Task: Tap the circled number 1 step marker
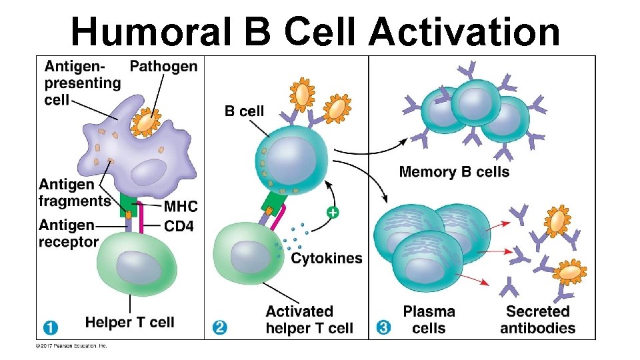50,327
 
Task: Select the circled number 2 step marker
219,327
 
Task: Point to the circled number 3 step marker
383,327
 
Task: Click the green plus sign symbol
331,213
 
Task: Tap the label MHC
181,207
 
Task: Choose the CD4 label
179,227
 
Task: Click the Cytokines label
327,258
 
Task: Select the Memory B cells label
454,172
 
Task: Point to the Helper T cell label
129,323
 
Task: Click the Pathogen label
163,66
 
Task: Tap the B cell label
244,111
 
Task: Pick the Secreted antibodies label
537,319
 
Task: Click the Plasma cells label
429,319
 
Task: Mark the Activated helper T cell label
309,319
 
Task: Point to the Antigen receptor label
68,233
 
